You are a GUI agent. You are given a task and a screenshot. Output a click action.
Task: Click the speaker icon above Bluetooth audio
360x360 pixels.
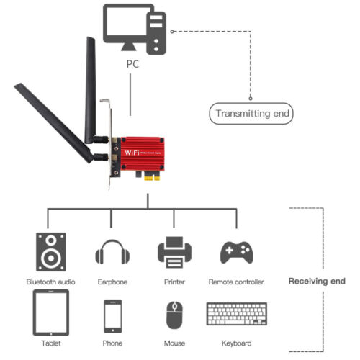[50, 251]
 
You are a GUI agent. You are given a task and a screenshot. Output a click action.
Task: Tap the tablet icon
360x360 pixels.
[50, 312]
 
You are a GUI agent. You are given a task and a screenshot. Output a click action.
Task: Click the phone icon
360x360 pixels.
[112, 314]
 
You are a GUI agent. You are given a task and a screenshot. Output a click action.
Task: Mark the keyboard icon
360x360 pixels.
[235, 315]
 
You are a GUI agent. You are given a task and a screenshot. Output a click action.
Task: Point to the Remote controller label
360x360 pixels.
[235, 282]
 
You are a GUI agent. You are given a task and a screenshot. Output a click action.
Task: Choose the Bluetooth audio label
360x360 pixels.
[50, 282]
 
